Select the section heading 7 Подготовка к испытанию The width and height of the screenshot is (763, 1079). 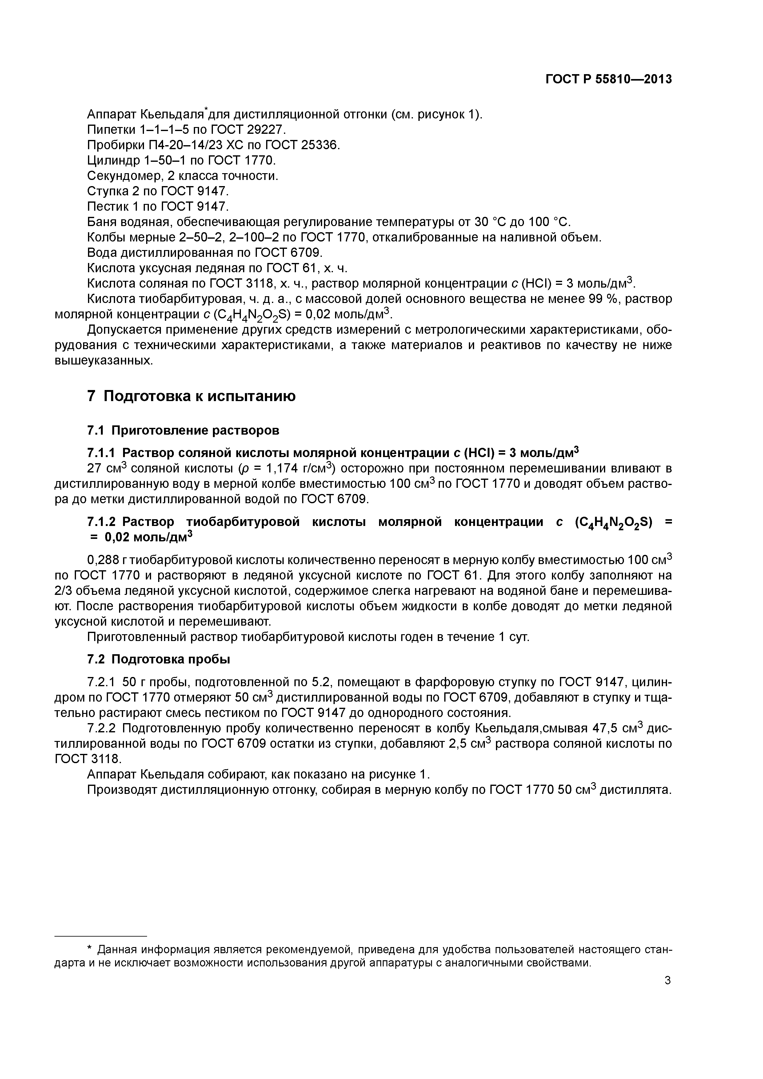(x=191, y=396)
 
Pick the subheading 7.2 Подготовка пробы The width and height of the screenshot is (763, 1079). (x=158, y=659)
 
